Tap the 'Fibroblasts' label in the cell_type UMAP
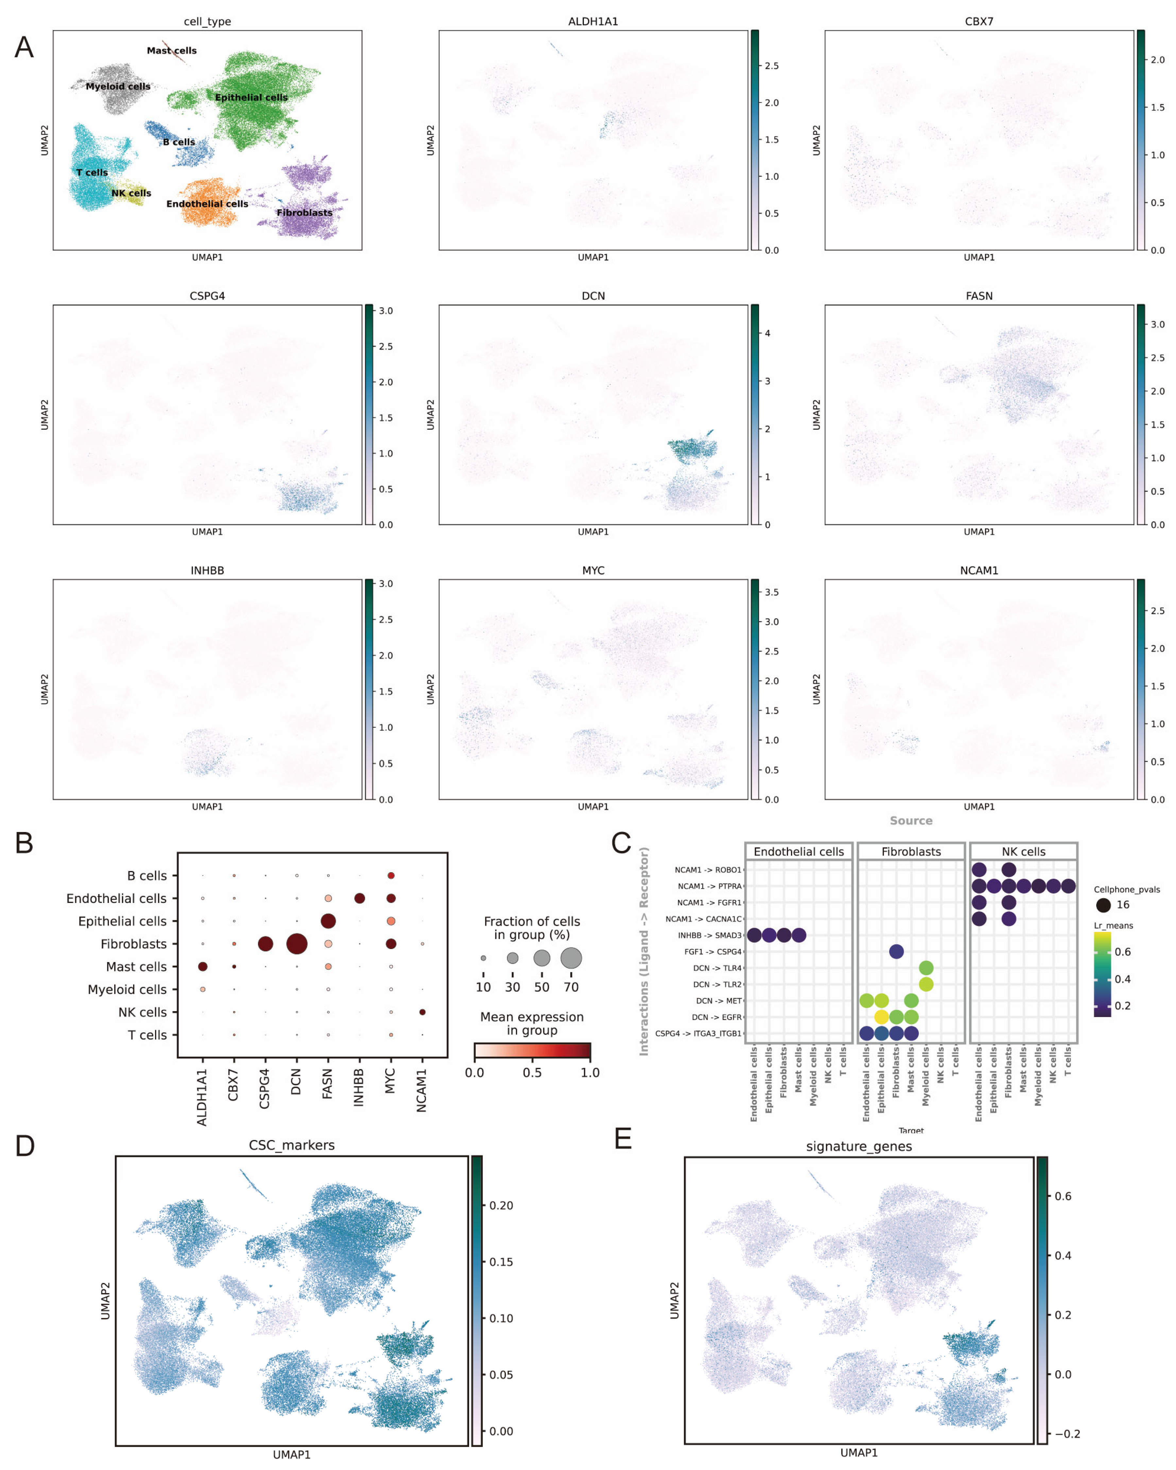(304, 213)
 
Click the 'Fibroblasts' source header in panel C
(911, 852)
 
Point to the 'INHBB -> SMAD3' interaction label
(709, 935)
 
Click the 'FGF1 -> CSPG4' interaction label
(712, 952)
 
